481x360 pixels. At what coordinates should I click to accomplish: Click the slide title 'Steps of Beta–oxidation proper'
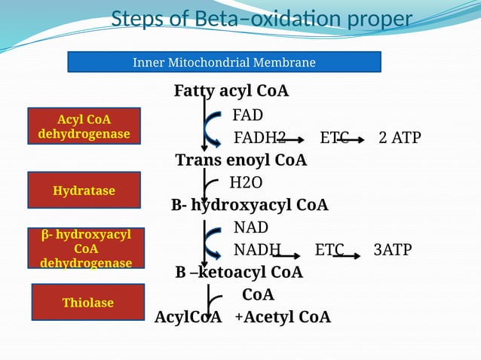click(262, 19)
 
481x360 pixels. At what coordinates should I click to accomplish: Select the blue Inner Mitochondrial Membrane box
click(224, 62)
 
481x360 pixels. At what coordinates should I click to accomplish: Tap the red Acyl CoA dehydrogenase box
click(84, 127)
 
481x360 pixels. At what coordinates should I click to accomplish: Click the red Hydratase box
click(84, 191)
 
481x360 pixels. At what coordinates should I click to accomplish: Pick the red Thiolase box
click(87, 302)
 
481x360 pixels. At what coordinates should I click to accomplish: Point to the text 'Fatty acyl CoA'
click(231, 91)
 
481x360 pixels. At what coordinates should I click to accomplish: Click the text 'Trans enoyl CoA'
click(240, 160)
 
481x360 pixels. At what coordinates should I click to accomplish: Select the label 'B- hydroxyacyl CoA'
click(250, 205)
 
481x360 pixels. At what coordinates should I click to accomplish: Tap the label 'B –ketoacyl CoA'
click(239, 272)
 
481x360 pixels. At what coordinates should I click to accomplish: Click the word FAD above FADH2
click(247, 115)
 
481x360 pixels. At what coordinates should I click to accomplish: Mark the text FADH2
click(259, 138)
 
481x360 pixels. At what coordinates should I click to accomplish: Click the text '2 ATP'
click(400, 138)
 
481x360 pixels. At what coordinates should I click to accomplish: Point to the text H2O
click(246, 183)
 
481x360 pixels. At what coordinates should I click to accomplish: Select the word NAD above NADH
click(250, 227)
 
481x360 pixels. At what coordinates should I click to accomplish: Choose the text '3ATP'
click(392, 250)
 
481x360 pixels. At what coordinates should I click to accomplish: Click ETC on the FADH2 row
click(334, 138)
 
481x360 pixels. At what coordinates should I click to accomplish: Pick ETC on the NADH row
click(329, 250)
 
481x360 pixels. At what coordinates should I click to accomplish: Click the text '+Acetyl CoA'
click(282, 317)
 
